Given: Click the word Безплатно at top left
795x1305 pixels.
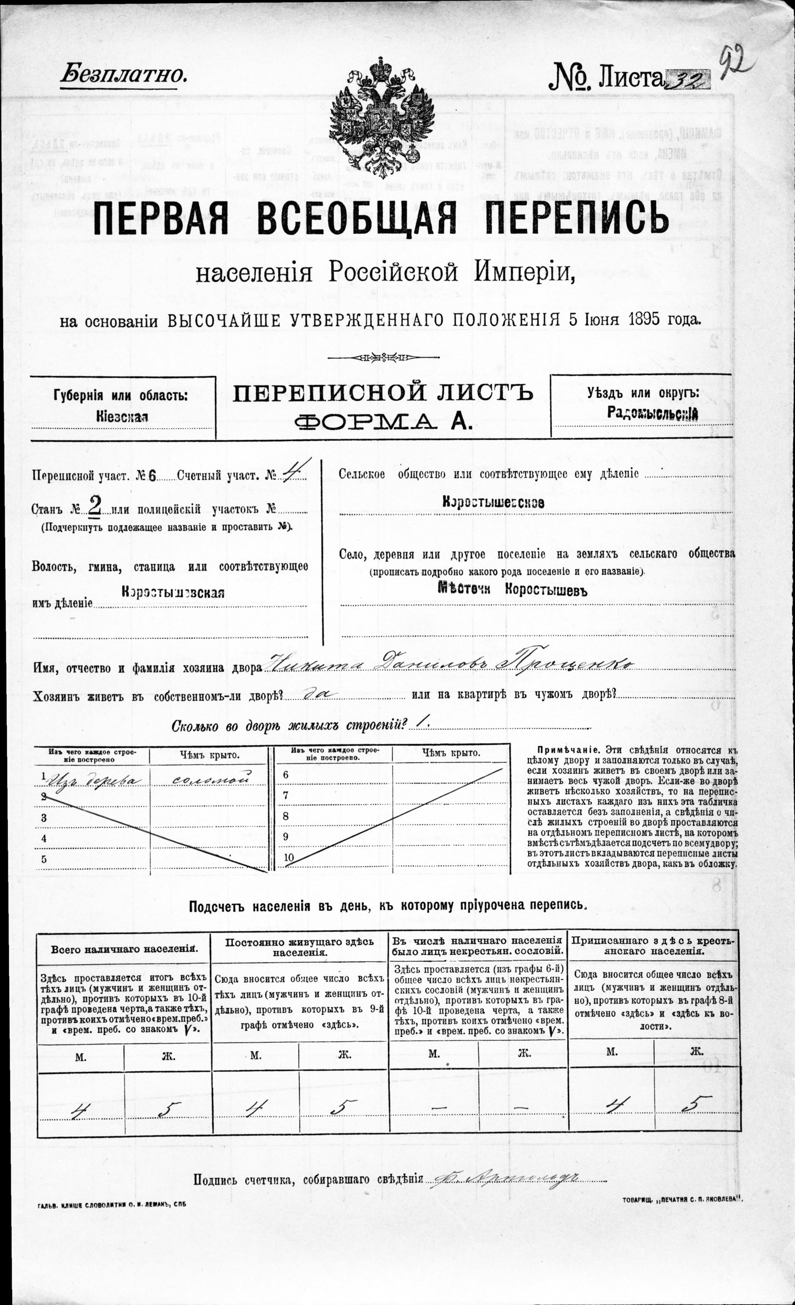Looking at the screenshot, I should click(x=124, y=76).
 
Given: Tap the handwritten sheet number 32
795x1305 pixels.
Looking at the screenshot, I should click(x=688, y=79).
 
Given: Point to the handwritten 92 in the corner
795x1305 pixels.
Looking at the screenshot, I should click(x=736, y=63).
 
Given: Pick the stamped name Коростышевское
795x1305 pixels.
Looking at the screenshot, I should click(x=493, y=503).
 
